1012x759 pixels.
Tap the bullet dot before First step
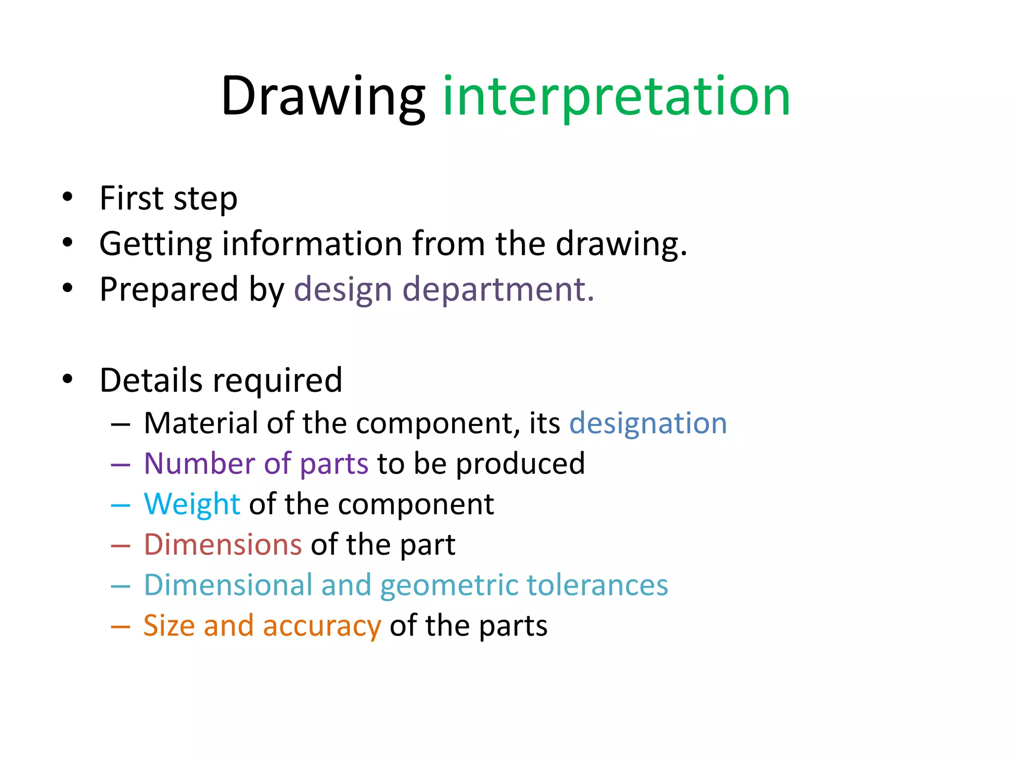click(x=68, y=197)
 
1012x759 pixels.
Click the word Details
click(x=151, y=380)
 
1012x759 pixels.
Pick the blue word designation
click(x=648, y=423)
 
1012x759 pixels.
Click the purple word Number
click(x=199, y=464)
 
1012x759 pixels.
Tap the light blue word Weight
click(x=192, y=504)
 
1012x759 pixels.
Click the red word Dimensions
click(x=223, y=545)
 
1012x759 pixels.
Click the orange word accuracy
click(x=322, y=626)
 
